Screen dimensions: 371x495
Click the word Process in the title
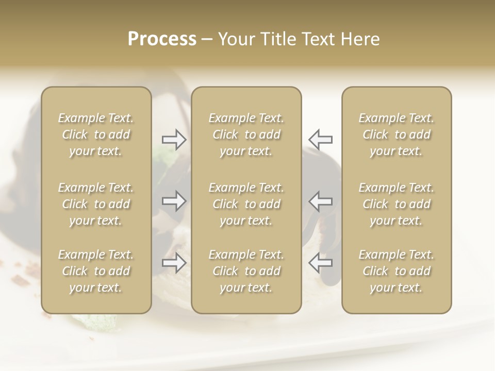(x=162, y=39)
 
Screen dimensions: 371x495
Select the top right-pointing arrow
(x=174, y=139)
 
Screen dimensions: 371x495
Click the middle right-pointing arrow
(x=174, y=201)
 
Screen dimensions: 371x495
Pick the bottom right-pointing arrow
(x=174, y=263)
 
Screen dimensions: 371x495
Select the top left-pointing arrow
(x=320, y=139)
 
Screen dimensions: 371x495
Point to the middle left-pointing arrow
(x=320, y=201)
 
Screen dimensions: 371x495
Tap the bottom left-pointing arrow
(x=320, y=263)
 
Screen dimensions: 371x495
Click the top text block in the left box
(x=96, y=134)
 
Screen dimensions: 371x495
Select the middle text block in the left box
(x=96, y=204)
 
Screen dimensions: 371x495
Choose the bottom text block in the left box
(x=96, y=271)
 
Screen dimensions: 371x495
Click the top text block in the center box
(x=246, y=134)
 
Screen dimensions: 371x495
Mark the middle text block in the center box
(x=246, y=204)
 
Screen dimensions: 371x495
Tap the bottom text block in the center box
(x=246, y=271)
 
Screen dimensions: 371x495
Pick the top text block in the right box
(x=397, y=134)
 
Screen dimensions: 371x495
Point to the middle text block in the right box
(x=397, y=204)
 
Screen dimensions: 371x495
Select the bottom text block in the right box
(x=397, y=271)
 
